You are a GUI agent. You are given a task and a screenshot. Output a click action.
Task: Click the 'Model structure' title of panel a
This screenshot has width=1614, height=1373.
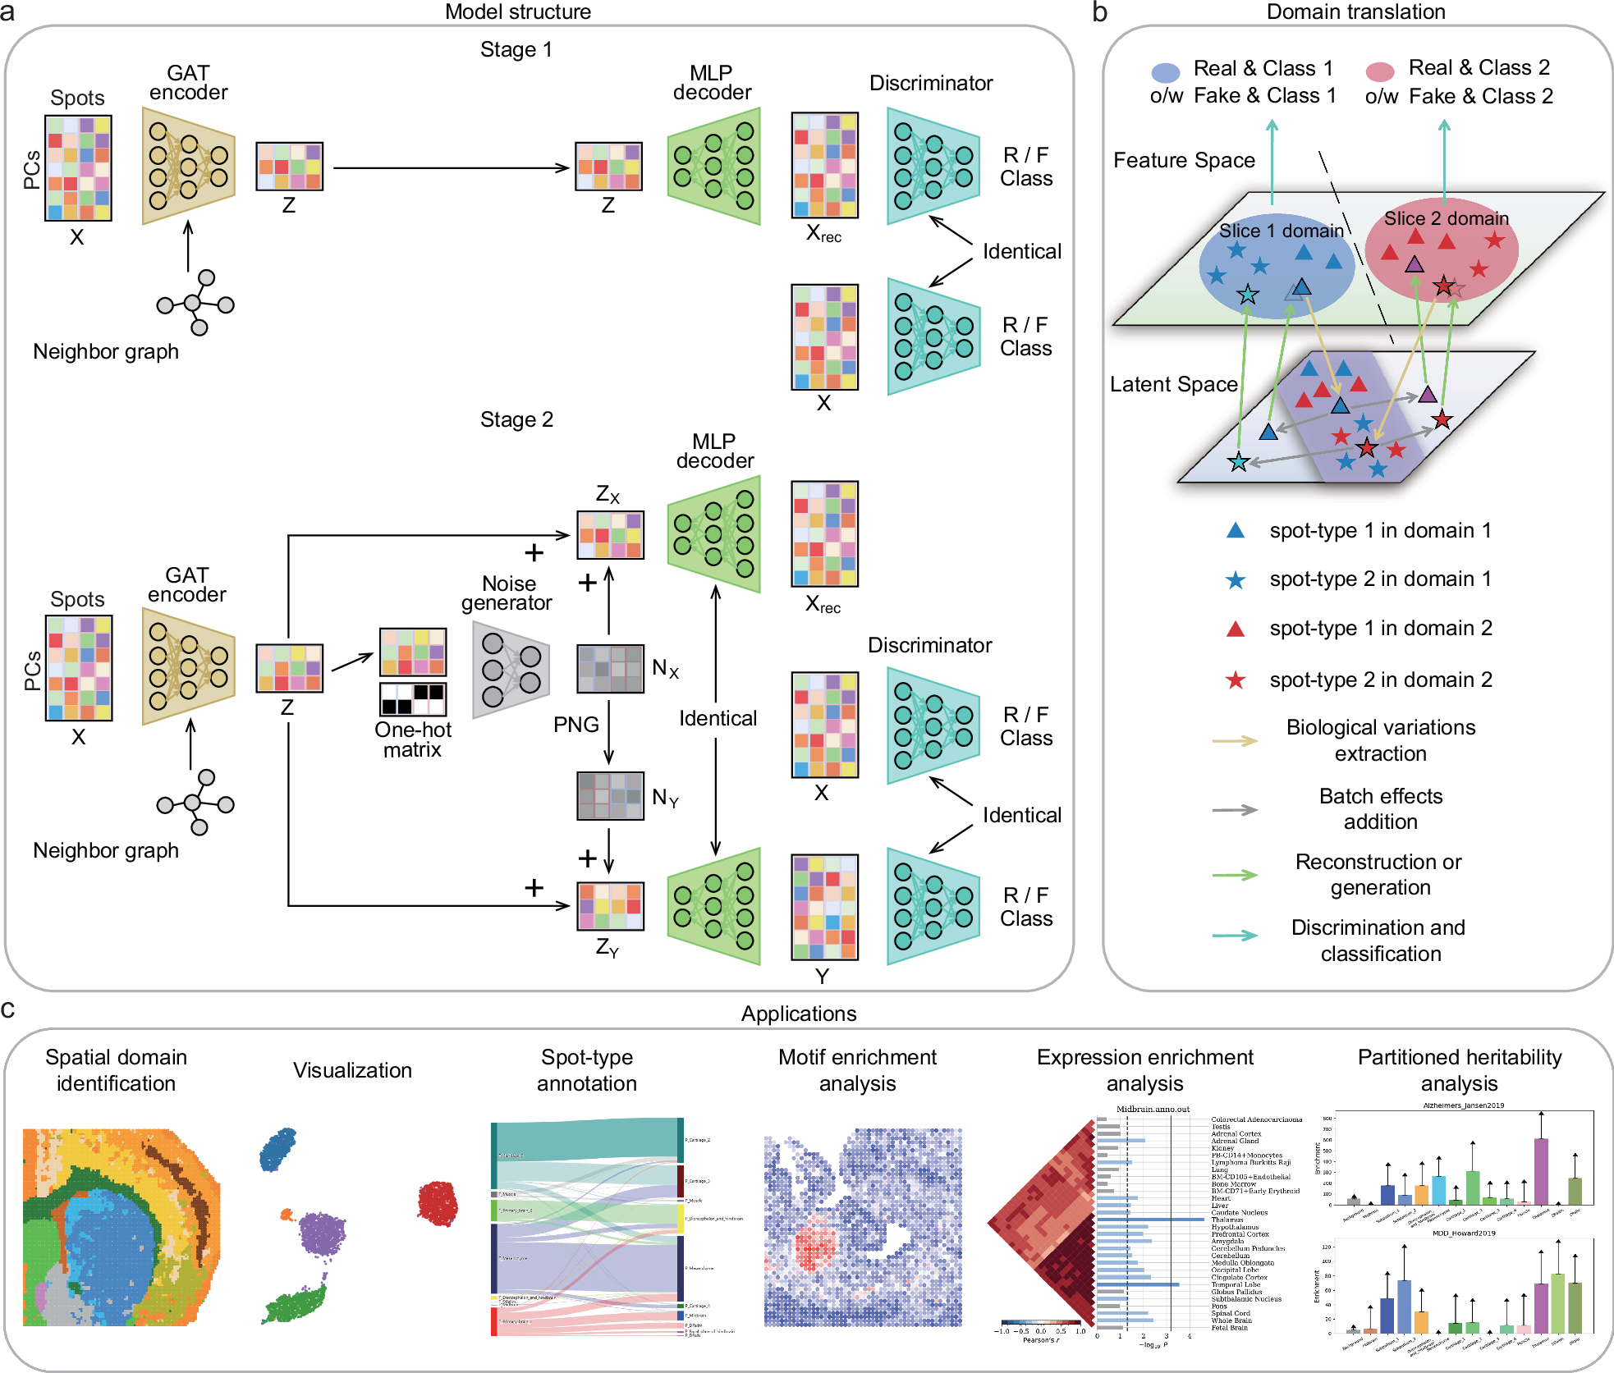[517, 11]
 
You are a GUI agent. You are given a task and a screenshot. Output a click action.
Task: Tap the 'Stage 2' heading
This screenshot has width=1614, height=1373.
[516, 419]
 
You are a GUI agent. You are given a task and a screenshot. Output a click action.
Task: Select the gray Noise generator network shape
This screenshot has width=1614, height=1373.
[510, 670]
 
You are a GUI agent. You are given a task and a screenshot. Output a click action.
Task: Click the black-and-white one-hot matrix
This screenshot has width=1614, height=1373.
[413, 699]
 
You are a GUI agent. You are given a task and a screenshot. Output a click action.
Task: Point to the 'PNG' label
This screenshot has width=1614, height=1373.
[575, 725]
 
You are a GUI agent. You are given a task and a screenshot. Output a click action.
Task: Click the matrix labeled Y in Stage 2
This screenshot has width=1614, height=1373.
[824, 907]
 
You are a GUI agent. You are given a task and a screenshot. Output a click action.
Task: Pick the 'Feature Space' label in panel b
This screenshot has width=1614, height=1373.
[1184, 160]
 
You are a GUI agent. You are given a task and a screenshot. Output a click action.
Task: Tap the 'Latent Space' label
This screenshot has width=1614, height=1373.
[1173, 384]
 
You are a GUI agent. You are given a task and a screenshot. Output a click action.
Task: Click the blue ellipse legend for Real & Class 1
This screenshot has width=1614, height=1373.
[1166, 72]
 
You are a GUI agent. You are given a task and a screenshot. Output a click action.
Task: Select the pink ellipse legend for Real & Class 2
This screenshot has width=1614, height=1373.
[1380, 71]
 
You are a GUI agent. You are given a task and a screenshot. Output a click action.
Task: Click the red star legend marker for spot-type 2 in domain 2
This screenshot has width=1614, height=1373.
[1236, 680]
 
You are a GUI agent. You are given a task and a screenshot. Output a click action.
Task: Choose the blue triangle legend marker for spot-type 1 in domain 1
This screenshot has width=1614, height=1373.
[1236, 531]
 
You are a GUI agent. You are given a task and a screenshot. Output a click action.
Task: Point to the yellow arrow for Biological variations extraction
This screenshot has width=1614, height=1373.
[1235, 741]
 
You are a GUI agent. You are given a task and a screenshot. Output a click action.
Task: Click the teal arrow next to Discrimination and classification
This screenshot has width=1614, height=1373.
[1235, 936]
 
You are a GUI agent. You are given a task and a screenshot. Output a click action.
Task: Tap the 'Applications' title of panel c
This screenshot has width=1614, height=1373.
[798, 1014]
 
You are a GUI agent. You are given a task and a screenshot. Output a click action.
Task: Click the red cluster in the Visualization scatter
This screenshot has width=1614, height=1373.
[437, 1203]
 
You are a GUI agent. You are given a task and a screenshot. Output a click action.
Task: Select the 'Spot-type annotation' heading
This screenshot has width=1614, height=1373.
[586, 1070]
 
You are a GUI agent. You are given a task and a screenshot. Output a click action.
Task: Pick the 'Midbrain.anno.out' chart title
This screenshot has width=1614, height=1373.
[1153, 1109]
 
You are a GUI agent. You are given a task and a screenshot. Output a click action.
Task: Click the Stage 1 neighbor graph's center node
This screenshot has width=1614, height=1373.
[193, 304]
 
